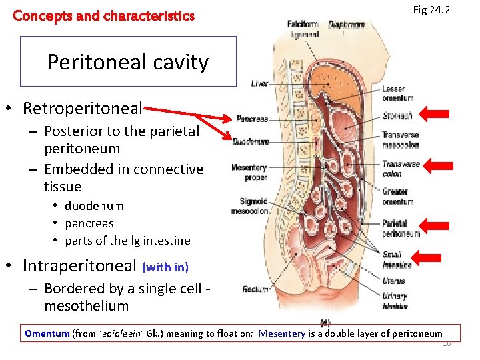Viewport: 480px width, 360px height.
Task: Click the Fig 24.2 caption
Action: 431,10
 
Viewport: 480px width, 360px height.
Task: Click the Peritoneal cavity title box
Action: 128,62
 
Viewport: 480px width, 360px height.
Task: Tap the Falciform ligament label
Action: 303,29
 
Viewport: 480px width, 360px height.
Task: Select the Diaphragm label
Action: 346,25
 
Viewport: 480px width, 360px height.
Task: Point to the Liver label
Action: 259,83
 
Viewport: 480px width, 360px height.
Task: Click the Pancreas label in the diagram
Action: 252,119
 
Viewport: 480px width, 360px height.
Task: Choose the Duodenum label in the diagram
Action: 251,141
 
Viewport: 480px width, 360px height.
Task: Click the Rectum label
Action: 255,289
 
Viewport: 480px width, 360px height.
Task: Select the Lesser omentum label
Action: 398,94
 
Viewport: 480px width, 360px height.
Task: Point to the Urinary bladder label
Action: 395,301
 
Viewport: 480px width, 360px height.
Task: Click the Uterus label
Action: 393,281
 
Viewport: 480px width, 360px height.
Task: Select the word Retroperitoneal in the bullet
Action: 82,108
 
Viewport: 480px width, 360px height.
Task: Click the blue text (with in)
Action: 165,267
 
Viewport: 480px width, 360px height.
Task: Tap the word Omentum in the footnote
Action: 47,333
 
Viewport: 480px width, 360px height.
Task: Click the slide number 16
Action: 447,343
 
